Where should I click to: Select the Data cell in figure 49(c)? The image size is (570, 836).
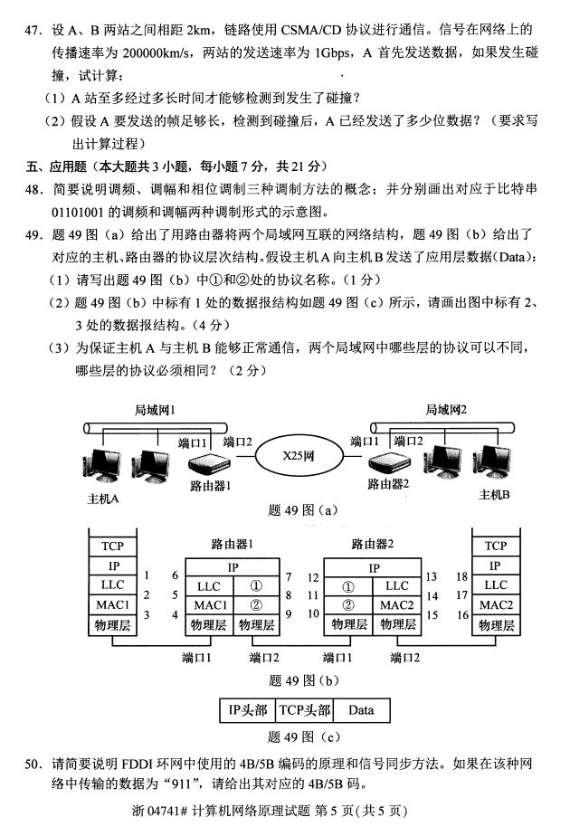click(x=360, y=710)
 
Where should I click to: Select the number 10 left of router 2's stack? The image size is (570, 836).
click(x=313, y=613)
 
